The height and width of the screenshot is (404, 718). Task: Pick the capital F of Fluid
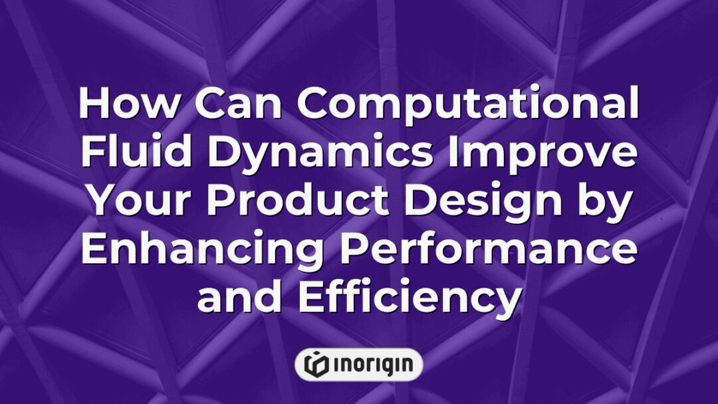click(94, 154)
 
